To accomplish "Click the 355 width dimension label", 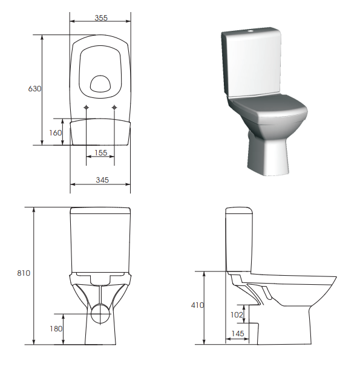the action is coord(101,18).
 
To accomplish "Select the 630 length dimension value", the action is coord(34,89).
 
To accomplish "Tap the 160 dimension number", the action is coord(56,132).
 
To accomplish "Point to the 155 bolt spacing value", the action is coord(100,153).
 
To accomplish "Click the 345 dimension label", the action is coord(102,180).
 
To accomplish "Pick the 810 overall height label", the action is coord(24,273).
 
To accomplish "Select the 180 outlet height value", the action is coord(56,328).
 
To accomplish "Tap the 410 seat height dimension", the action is coord(197,305).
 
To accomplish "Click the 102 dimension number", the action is coord(237,314).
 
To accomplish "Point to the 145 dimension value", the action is coord(237,333).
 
